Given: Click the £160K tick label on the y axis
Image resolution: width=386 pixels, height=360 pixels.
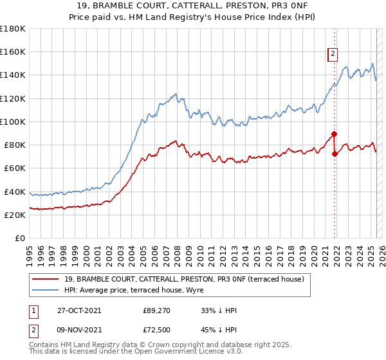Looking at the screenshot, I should [13, 51].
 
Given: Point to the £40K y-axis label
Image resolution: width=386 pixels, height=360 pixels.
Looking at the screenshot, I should [15, 192].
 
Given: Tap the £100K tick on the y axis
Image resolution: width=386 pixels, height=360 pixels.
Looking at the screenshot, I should [13, 122].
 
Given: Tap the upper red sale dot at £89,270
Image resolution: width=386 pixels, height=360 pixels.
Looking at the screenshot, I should [335, 134].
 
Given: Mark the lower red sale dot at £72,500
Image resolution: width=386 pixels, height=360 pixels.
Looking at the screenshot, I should [335, 154].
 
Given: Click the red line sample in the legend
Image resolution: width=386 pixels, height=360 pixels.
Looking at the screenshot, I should [46, 278].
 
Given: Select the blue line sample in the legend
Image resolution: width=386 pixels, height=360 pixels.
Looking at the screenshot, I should [46, 290].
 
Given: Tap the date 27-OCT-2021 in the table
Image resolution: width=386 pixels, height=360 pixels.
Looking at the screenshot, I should [78, 310].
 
